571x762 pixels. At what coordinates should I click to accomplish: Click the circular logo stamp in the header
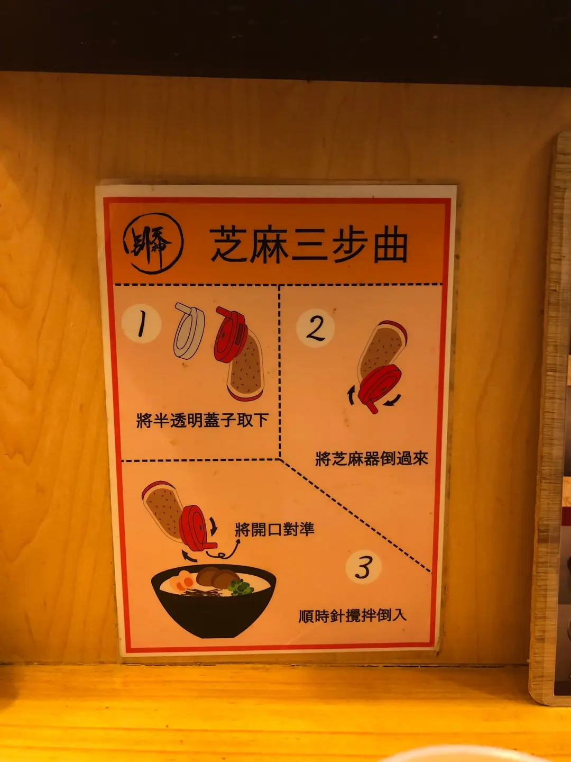pyautogui.click(x=153, y=243)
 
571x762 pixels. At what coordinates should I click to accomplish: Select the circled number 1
pyautogui.click(x=141, y=323)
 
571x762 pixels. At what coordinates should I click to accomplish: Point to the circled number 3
pyautogui.click(x=363, y=567)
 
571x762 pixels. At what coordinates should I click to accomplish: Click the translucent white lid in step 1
pyautogui.click(x=189, y=331)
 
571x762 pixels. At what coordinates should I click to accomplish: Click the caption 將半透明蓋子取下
pyautogui.click(x=202, y=420)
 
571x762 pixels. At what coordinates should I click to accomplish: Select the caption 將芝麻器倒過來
pyautogui.click(x=372, y=458)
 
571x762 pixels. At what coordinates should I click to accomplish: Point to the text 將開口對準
pyautogui.click(x=274, y=529)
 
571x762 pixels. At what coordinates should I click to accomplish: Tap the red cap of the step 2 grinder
pyautogui.click(x=379, y=387)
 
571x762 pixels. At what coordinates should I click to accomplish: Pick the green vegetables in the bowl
pyautogui.click(x=241, y=587)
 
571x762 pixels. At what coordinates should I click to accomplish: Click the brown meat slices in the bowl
pyautogui.click(x=217, y=577)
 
